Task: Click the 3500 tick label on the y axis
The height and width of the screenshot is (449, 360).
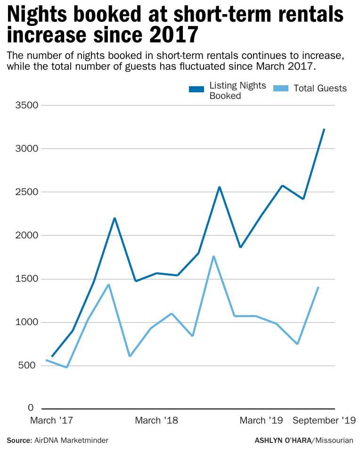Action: (x=26, y=105)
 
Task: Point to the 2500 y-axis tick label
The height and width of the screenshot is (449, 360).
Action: (x=26, y=192)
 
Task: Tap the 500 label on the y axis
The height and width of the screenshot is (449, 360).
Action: (x=29, y=366)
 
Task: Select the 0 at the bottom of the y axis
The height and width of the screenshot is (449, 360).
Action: (x=31, y=408)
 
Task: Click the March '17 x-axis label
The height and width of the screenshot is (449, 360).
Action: (x=52, y=420)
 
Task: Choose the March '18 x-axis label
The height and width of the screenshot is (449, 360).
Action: (x=156, y=420)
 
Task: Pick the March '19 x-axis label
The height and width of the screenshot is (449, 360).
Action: (x=262, y=420)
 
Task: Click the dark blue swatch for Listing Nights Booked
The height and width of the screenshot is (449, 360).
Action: (x=196, y=89)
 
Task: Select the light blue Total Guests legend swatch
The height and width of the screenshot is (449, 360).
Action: (x=281, y=89)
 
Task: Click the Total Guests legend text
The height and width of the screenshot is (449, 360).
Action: (x=320, y=88)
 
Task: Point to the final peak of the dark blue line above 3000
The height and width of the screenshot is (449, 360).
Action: (x=324, y=129)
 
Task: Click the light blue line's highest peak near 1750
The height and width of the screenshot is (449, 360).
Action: (x=213, y=256)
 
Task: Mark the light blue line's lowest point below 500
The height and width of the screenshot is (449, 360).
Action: (x=66, y=367)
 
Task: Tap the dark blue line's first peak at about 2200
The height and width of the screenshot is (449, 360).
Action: (x=115, y=218)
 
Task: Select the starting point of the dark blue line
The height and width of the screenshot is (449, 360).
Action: (x=52, y=356)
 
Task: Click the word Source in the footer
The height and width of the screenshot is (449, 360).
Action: (x=19, y=440)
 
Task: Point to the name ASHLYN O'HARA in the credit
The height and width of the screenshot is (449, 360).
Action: (x=283, y=440)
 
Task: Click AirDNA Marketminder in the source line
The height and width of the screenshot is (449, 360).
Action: (x=71, y=440)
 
